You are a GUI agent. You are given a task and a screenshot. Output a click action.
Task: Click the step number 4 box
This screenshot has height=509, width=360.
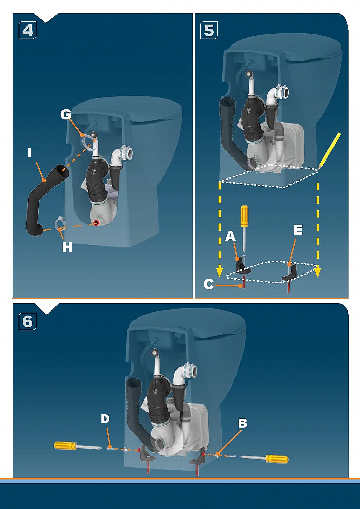[28, 30]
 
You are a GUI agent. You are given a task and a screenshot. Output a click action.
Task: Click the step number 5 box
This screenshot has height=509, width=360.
[209, 30]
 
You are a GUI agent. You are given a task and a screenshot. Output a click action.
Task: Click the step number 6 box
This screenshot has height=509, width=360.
[28, 321]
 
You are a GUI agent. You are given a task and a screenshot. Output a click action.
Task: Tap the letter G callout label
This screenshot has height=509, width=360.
[66, 114]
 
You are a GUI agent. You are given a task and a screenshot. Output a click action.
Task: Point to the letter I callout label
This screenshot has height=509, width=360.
[30, 153]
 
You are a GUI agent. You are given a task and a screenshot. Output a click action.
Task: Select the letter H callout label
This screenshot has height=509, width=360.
[67, 247]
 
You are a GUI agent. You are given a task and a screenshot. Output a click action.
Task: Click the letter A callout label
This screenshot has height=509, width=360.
[230, 236]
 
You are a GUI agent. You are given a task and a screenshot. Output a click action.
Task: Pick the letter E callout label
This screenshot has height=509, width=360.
[298, 230]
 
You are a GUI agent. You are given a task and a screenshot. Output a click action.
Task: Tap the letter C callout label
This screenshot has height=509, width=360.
[209, 284]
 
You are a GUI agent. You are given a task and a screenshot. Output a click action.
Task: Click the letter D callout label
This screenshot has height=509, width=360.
[105, 419]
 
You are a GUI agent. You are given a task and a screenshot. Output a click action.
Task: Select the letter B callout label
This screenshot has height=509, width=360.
[242, 423]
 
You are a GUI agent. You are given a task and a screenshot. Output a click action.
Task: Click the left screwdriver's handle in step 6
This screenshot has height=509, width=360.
[65, 446]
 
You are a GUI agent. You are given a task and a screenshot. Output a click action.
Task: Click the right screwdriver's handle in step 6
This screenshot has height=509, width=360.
[277, 459]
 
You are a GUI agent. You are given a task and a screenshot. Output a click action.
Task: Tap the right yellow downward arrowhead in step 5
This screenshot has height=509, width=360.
[318, 272]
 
